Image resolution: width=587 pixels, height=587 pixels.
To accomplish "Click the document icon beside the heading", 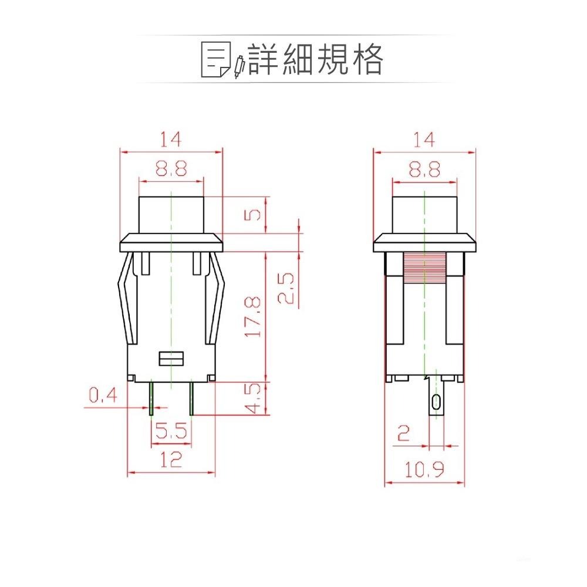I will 215,60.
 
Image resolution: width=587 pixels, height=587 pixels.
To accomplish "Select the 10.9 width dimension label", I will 424,469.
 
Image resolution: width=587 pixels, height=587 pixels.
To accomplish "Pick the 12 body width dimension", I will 171,460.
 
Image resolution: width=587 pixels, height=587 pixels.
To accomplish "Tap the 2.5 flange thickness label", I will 286,288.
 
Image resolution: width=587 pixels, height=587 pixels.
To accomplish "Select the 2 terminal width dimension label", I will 403,434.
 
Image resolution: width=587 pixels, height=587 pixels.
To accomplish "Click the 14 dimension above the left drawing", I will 171,139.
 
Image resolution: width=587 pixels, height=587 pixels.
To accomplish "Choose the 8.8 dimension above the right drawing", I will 424,170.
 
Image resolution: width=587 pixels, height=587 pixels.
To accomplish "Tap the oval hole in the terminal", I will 436,402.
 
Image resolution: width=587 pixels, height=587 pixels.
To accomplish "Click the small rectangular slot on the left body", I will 171,358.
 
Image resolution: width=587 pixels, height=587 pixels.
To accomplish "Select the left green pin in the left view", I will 151,398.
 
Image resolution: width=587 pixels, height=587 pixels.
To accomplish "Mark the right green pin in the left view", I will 191,398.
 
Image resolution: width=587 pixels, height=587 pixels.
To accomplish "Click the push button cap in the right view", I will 424,215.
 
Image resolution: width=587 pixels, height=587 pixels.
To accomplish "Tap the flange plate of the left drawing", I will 171,242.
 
